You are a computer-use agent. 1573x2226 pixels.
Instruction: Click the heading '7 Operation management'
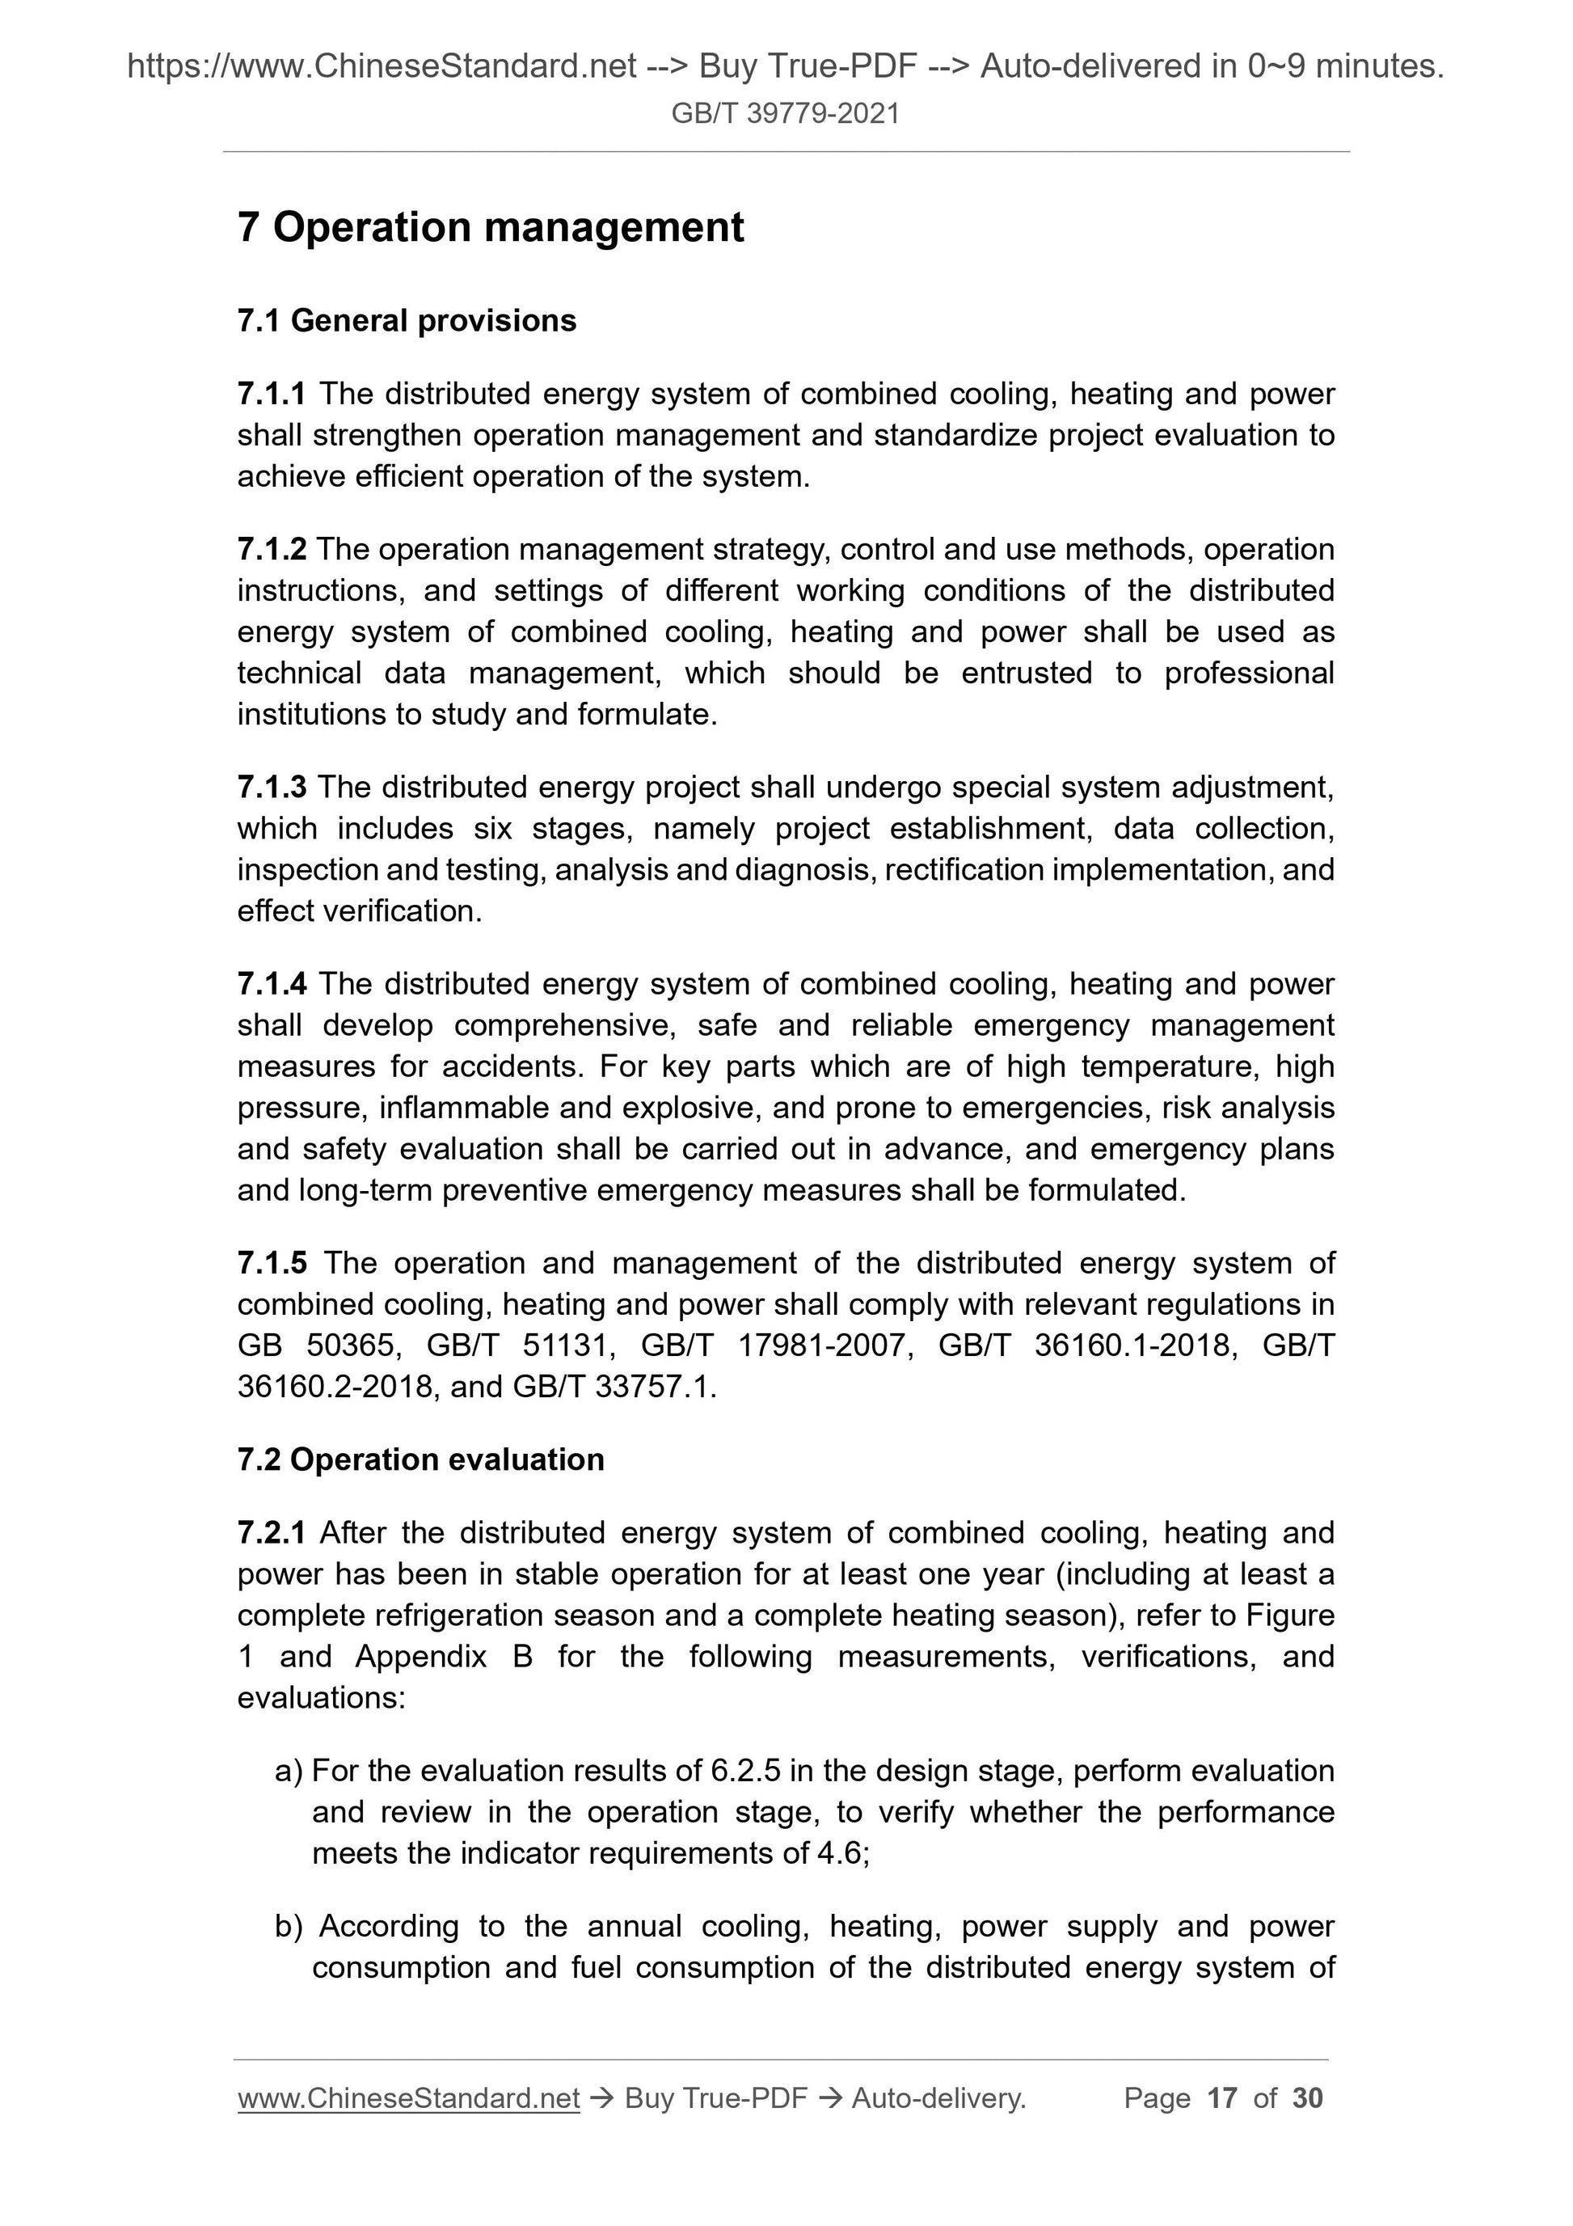pos(491,228)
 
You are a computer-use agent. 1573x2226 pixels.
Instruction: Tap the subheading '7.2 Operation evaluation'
pos(420,1459)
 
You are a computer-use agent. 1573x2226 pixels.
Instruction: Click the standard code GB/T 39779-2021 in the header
pos(785,114)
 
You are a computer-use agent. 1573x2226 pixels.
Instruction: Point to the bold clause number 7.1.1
pos(271,394)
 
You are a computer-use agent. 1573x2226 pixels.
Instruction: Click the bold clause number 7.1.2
pos(271,550)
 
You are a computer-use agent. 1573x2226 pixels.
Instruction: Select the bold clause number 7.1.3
pos(271,788)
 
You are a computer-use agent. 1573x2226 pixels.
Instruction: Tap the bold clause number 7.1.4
pos(271,984)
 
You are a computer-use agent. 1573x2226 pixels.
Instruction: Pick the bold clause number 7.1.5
pos(271,1263)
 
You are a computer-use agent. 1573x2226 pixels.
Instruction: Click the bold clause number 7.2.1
pos(271,1533)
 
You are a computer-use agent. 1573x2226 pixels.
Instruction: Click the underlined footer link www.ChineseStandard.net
pos(408,2098)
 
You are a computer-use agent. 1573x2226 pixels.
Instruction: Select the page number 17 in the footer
pos(1221,2098)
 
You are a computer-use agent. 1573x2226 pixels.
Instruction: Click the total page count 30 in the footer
pos(1307,2098)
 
